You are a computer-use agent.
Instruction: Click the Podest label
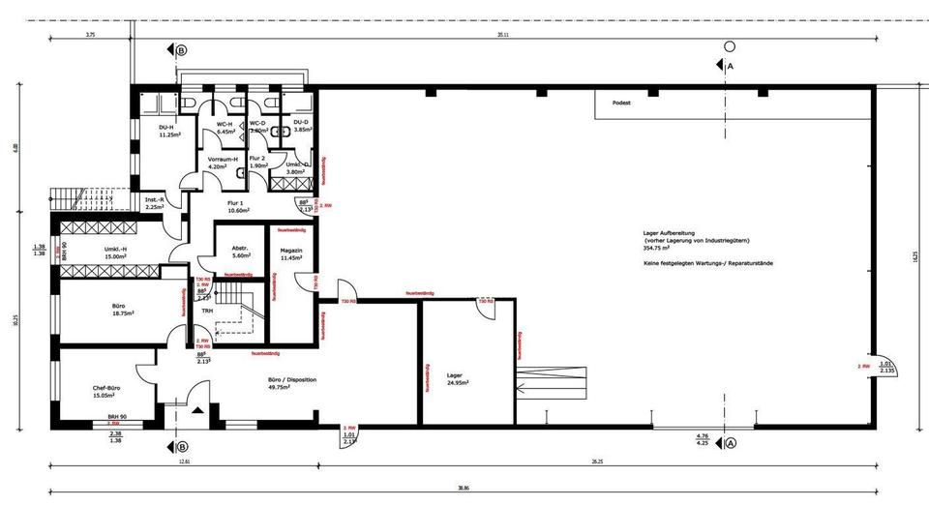tap(622, 102)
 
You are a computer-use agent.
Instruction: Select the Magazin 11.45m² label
tap(292, 254)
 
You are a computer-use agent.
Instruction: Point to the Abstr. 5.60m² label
tap(241, 252)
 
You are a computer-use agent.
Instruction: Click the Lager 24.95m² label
tap(455, 378)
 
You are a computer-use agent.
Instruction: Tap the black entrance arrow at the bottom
tap(197, 410)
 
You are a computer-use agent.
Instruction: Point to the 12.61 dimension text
tap(185, 462)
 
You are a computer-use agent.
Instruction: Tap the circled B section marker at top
tap(181, 50)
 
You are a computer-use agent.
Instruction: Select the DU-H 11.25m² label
tap(170, 132)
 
